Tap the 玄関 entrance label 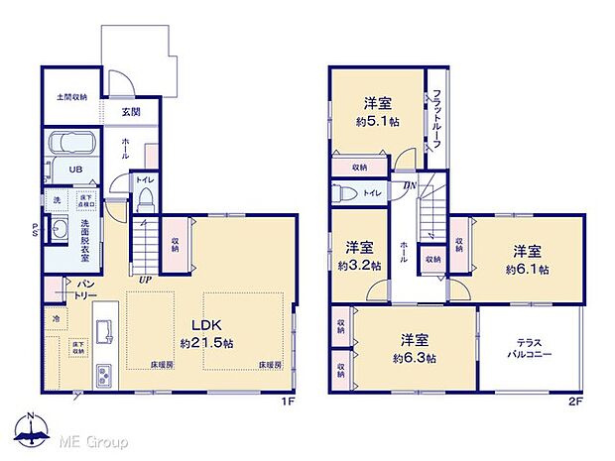click(131, 112)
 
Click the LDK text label click(207, 326)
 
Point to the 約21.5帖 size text click(207, 343)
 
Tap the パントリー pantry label click(86, 288)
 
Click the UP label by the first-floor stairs click(146, 281)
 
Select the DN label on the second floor click(409, 185)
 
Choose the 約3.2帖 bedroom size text click(359, 265)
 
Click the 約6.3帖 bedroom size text click(415, 358)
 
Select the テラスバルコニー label click(527, 348)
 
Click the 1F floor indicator click(287, 402)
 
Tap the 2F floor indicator click(576, 402)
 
